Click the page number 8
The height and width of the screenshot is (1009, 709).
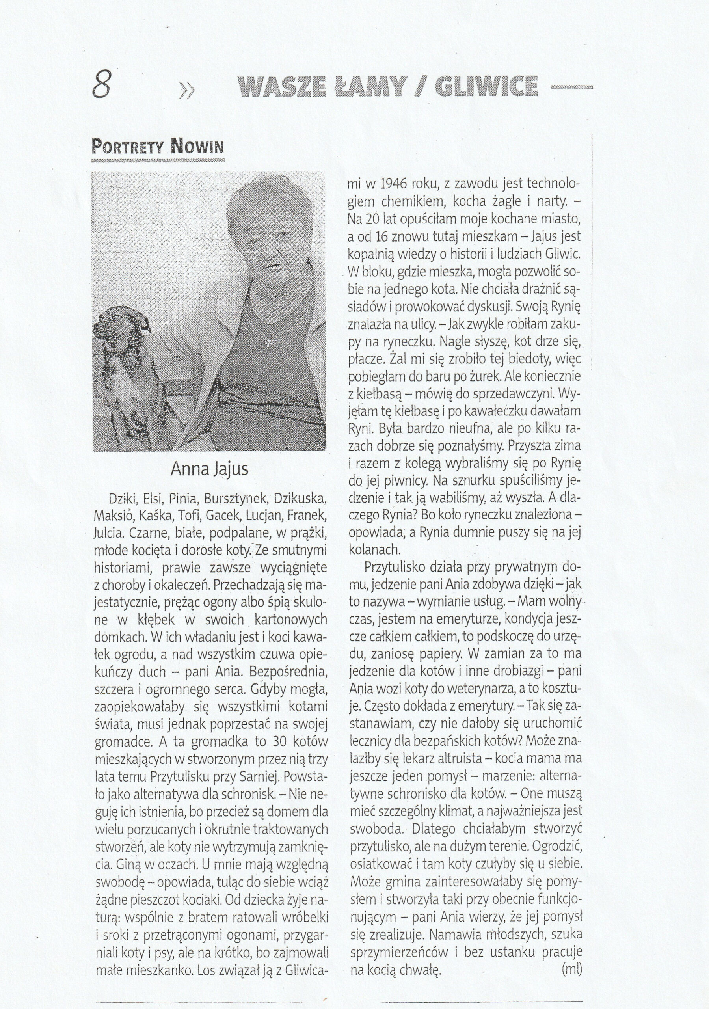click(102, 85)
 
